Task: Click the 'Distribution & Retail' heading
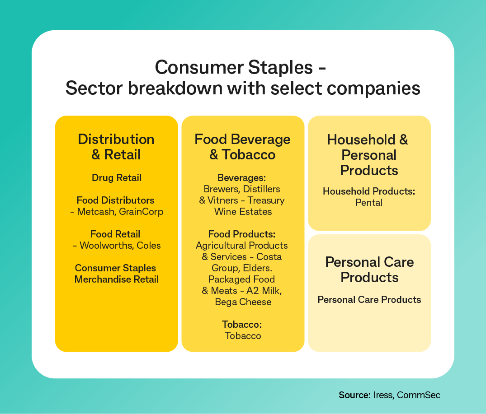point(116,147)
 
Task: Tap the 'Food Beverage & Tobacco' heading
point(242,147)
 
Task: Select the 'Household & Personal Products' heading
point(369,155)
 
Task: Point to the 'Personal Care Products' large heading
point(369,270)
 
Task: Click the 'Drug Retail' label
point(116,178)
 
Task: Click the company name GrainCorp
point(141,212)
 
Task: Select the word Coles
point(149,246)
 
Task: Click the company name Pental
point(369,203)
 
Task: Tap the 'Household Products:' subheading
point(369,191)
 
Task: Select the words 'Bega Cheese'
point(243,302)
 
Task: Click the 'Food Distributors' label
point(116,200)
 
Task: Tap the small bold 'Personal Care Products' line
point(369,300)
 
